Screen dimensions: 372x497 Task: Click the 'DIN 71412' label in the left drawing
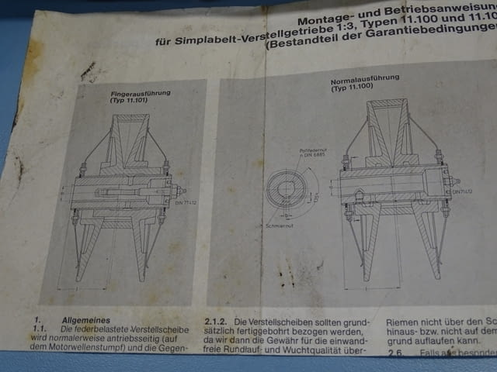click(x=184, y=203)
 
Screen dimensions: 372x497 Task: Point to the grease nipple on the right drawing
click(x=452, y=181)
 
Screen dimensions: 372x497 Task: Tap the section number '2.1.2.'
click(x=217, y=320)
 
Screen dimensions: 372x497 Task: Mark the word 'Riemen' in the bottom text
click(x=404, y=319)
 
